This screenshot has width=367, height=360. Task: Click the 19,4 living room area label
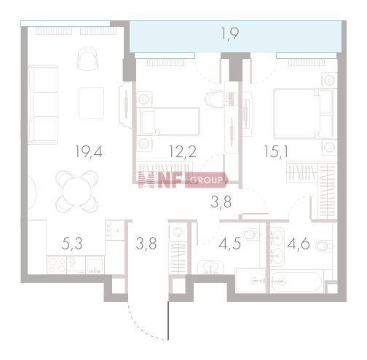tap(89, 152)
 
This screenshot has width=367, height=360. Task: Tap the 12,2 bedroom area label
tap(183, 152)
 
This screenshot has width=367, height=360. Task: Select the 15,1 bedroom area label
tap(276, 152)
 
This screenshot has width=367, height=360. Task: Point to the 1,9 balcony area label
tap(230, 34)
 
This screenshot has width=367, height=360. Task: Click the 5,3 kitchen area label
tap(72, 244)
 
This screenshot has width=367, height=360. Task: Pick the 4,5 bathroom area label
tap(230, 244)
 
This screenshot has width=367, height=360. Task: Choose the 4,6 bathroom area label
tap(299, 244)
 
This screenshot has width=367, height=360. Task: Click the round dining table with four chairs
tap(77, 191)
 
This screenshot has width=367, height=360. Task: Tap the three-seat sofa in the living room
tap(43, 105)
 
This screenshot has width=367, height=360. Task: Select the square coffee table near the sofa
tap(91, 103)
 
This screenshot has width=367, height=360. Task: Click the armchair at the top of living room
tap(87, 58)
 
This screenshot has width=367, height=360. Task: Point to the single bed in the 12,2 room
tap(170, 121)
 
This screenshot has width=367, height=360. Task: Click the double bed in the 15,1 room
tap(304, 114)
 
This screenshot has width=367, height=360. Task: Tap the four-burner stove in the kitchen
tap(57, 265)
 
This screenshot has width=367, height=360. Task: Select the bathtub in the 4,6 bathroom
tap(297, 281)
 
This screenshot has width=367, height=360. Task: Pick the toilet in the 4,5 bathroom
tap(252, 234)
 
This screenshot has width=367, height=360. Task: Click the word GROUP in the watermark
tap(207, 180)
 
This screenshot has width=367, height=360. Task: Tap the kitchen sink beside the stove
tap(95, 265)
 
